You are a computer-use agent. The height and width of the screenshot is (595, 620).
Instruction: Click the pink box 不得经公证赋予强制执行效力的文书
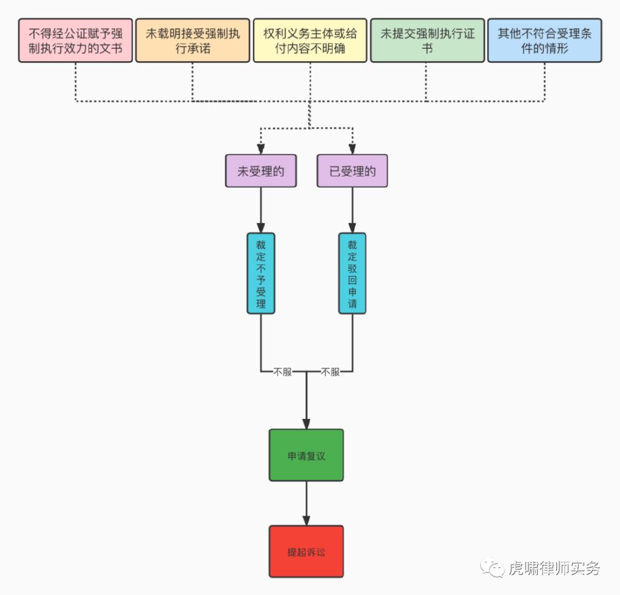[76, 41]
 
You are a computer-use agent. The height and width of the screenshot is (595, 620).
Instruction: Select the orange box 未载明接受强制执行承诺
[193, 41]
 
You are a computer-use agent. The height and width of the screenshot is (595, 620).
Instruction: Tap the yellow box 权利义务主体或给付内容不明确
[310, 41]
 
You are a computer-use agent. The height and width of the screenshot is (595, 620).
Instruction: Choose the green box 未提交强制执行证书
[427, 41]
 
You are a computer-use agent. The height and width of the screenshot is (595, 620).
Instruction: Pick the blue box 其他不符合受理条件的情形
[544, 41]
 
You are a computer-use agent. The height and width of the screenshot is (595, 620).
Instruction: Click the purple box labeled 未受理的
[261, 171]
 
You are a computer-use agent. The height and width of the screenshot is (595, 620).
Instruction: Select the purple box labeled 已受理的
[352, 171]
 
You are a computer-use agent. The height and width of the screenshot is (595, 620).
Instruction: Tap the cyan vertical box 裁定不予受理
[261, 273]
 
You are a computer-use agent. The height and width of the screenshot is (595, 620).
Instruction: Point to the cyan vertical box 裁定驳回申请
[352, 273]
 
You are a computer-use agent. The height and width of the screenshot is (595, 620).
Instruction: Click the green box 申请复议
[306, 455]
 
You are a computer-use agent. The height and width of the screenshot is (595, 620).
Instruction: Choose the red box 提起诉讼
[306, 551]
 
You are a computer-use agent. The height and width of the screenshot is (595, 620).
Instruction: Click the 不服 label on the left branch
[283, 372]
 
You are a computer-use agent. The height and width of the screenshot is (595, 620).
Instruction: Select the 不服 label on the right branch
[330, 372]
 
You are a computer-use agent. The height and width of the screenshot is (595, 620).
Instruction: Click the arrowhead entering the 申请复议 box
[306, 424]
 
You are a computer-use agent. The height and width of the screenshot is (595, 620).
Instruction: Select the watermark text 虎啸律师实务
[554, 568]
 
